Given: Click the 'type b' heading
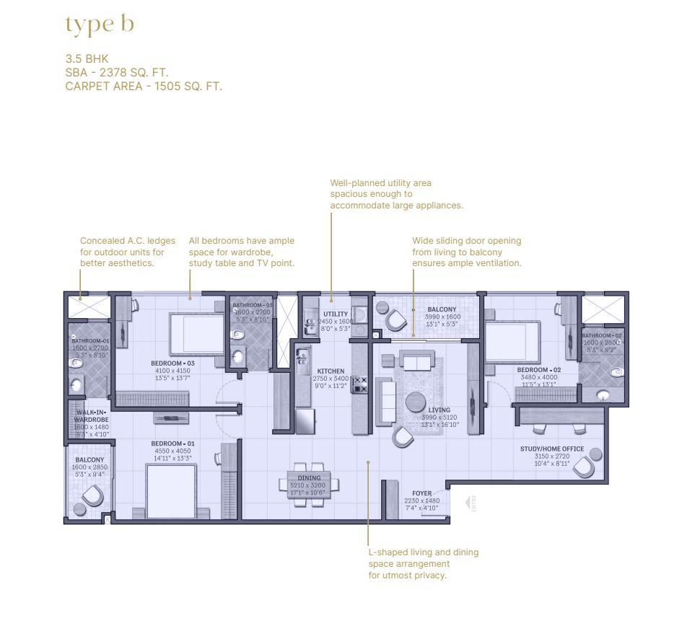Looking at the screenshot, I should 100,25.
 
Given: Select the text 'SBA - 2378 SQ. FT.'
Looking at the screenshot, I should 117,73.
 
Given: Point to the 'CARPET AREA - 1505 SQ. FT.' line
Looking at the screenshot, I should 144,86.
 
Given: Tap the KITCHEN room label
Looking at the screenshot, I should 331,371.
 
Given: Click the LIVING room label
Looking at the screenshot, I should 439,410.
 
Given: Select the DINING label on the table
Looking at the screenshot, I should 310,478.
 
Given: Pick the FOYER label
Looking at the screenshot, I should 422,494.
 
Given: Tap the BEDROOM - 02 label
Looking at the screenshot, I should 538,370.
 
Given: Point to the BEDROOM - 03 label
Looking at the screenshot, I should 173,363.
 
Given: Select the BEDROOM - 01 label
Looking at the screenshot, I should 172,443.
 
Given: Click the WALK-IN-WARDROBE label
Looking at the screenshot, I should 91,415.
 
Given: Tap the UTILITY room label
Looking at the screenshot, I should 336,314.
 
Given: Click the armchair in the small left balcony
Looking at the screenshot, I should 92,495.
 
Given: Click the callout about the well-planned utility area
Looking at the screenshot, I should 396,195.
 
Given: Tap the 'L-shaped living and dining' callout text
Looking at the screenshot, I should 423,563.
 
